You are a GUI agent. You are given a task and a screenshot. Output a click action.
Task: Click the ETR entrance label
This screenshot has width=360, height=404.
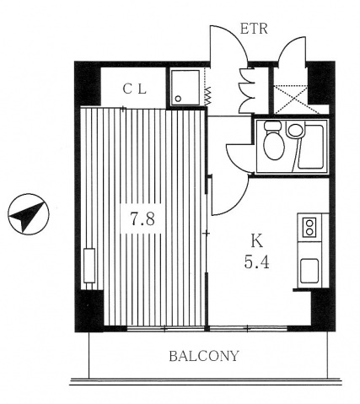pyautogui.click(x=254, y=29)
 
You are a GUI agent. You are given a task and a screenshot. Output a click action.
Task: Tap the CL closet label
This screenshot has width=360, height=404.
pyautogui.click(x=135, y=89)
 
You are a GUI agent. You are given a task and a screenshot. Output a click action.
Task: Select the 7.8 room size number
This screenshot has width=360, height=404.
pyautogui.click(x=142, y=218)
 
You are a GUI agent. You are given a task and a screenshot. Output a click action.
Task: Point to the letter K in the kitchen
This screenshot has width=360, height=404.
pyautogui.click(x=257, y=241)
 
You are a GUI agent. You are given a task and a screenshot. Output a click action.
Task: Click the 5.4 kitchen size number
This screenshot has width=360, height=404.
pyautogui.click(x=257, y=263)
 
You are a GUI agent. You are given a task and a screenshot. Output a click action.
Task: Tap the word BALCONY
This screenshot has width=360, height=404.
pyautogui.click(x=204, y=356)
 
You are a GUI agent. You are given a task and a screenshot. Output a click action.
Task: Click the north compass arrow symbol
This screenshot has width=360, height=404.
pyautogui.click(x=29, y=214)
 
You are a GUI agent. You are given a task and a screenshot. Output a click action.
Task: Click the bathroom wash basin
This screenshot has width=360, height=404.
pyautogui.click(x=295, y=130)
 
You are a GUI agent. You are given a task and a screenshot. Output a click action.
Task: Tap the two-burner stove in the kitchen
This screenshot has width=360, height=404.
pyautogui.click(x=309, y=227)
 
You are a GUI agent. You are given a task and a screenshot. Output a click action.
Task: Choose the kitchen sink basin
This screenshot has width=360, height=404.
pyautogui.click(x=309, y=271)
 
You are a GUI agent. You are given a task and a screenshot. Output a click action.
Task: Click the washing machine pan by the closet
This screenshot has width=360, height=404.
pyautogui.click(x=185, y=87)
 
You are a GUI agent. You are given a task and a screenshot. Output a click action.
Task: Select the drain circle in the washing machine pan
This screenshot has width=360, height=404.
pyautogui.click(x=178, y=99)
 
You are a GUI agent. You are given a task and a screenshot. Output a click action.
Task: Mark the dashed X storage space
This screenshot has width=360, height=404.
pyautogui.click(x=291, y=100)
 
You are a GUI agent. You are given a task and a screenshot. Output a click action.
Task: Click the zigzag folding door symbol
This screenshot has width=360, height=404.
pyautogui.click(x=208, y=95)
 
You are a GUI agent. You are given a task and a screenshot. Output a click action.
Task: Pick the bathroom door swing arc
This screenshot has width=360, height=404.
pyautogui.click(x=237, y=159)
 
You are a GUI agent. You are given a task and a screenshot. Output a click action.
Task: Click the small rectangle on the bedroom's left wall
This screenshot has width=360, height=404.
pyautogui.click(x=89, y=266)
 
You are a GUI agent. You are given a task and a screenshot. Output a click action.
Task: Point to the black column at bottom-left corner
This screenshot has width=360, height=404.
pyautogui.click(x=89, y=310)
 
